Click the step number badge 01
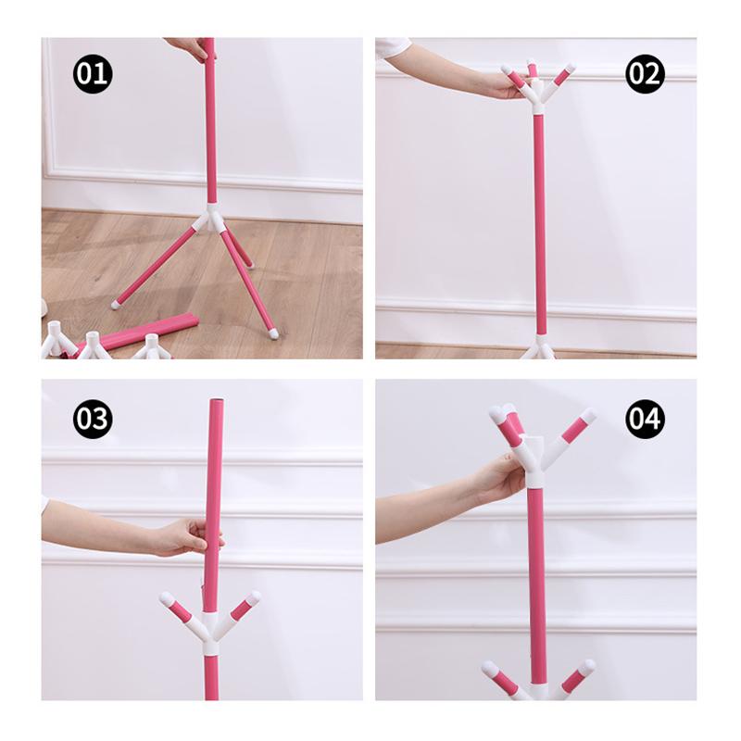93,73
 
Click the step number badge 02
645,73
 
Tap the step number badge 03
93,420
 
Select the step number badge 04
645,420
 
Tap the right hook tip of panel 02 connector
568,69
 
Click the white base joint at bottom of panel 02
538,350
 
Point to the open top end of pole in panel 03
214,404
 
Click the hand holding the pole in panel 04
501,479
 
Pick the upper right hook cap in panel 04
586,417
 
